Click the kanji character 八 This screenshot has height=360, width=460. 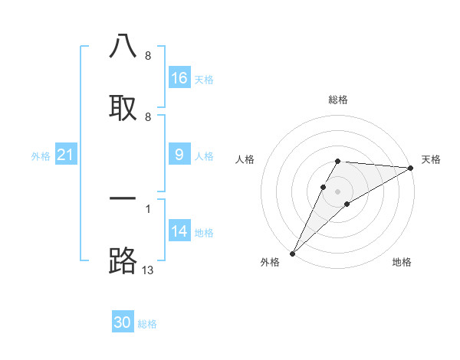coord(123,47)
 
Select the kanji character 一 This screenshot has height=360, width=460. coord(123,198)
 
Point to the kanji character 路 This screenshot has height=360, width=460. coord(123,260)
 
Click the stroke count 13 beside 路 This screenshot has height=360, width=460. coord(148,270)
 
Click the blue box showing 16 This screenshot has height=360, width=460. coord(179,78)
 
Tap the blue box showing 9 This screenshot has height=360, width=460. coord(179,155)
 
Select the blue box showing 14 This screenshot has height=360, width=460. coord(179,231)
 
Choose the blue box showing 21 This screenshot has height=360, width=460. coord(65,155)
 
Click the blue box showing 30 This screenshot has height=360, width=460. coord(123,322)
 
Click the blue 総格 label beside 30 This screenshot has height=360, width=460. coord(147,324)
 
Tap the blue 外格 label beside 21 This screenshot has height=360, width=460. coord(41,156)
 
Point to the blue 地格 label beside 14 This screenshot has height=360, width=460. coord(204,233)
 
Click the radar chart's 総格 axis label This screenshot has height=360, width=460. coord(338,100)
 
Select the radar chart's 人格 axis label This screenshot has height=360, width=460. coord(245,159)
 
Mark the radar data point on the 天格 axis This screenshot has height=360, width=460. coord(411,168)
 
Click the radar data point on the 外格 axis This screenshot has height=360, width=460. coord(292,254)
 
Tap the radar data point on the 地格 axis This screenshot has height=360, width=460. coord(347,204)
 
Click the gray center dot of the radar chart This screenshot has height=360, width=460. coord(338,191)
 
